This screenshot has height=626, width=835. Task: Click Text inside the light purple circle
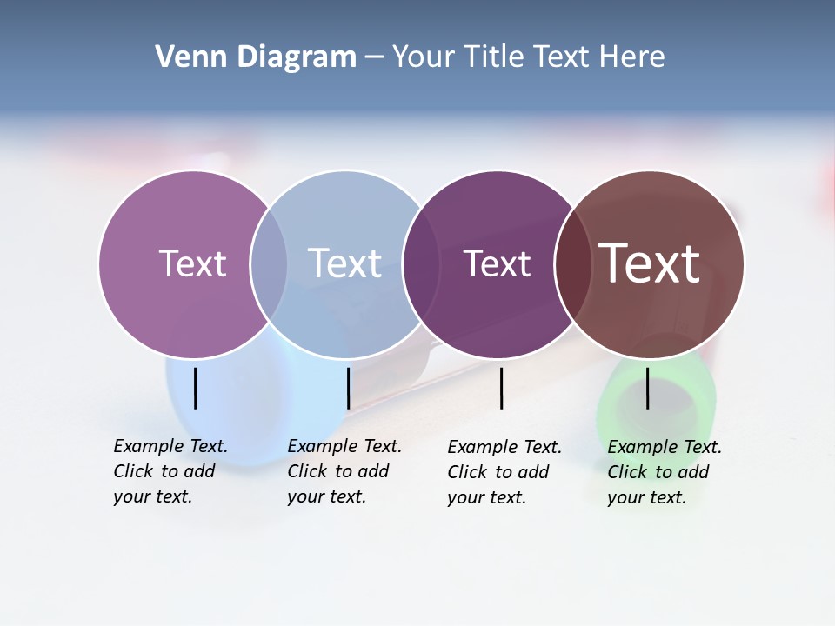tap(192, 263)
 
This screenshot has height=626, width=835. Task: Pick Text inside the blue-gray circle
tap(344, 263)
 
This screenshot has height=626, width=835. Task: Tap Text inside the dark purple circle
tap(497, 264)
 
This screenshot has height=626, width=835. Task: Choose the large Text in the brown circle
tap(650, 263)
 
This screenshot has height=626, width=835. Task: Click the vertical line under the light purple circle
tap(195, 388)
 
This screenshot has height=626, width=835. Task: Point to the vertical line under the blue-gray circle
tap(348, 388)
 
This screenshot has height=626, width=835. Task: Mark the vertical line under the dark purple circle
tap(501, 388)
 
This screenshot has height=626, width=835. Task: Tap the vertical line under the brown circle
tap(647, 388)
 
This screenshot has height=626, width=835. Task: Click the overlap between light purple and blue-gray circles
tap(269, 263)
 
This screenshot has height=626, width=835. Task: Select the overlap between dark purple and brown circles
tap(572, 263)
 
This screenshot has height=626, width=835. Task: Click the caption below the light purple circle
tap(170, 471)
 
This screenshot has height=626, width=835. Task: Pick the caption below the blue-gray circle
tap(344, 471)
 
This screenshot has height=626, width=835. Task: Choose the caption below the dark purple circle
tap(504, 472)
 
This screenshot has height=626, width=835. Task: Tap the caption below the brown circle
tap(664, 472)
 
